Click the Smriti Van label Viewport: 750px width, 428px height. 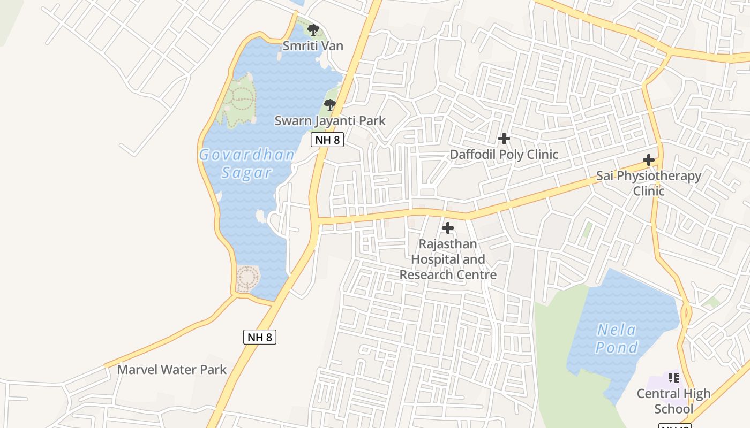click(x=313, y=46)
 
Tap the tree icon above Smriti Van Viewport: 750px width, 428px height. click(x=313, y=30)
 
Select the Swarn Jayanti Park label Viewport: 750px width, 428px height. click(x=330, y=121)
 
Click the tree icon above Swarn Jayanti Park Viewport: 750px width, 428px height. click(x=330, y=104)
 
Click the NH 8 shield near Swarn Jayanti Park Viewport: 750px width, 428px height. click(x=327, y=140)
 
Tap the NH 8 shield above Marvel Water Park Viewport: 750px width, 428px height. click(x=260, y=337)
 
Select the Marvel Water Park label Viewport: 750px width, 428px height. click(x=171, y=370)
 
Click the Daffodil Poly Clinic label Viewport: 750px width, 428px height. click(x=504, y=155)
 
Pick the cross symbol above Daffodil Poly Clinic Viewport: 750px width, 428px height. click(x=504, y=139)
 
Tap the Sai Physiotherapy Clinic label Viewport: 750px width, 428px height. click(x=649, y=183)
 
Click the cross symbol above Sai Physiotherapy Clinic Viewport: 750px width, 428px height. click(x=649, y=160)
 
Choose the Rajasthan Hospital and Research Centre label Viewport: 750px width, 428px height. click(x=448, y=259)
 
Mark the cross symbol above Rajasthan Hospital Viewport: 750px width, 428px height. click(x=447, y=228)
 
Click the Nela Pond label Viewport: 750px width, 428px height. click(x=617, y=339)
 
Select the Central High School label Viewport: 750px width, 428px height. click(x=673, y=401)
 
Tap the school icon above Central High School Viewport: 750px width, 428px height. click(x=673, y=378)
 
